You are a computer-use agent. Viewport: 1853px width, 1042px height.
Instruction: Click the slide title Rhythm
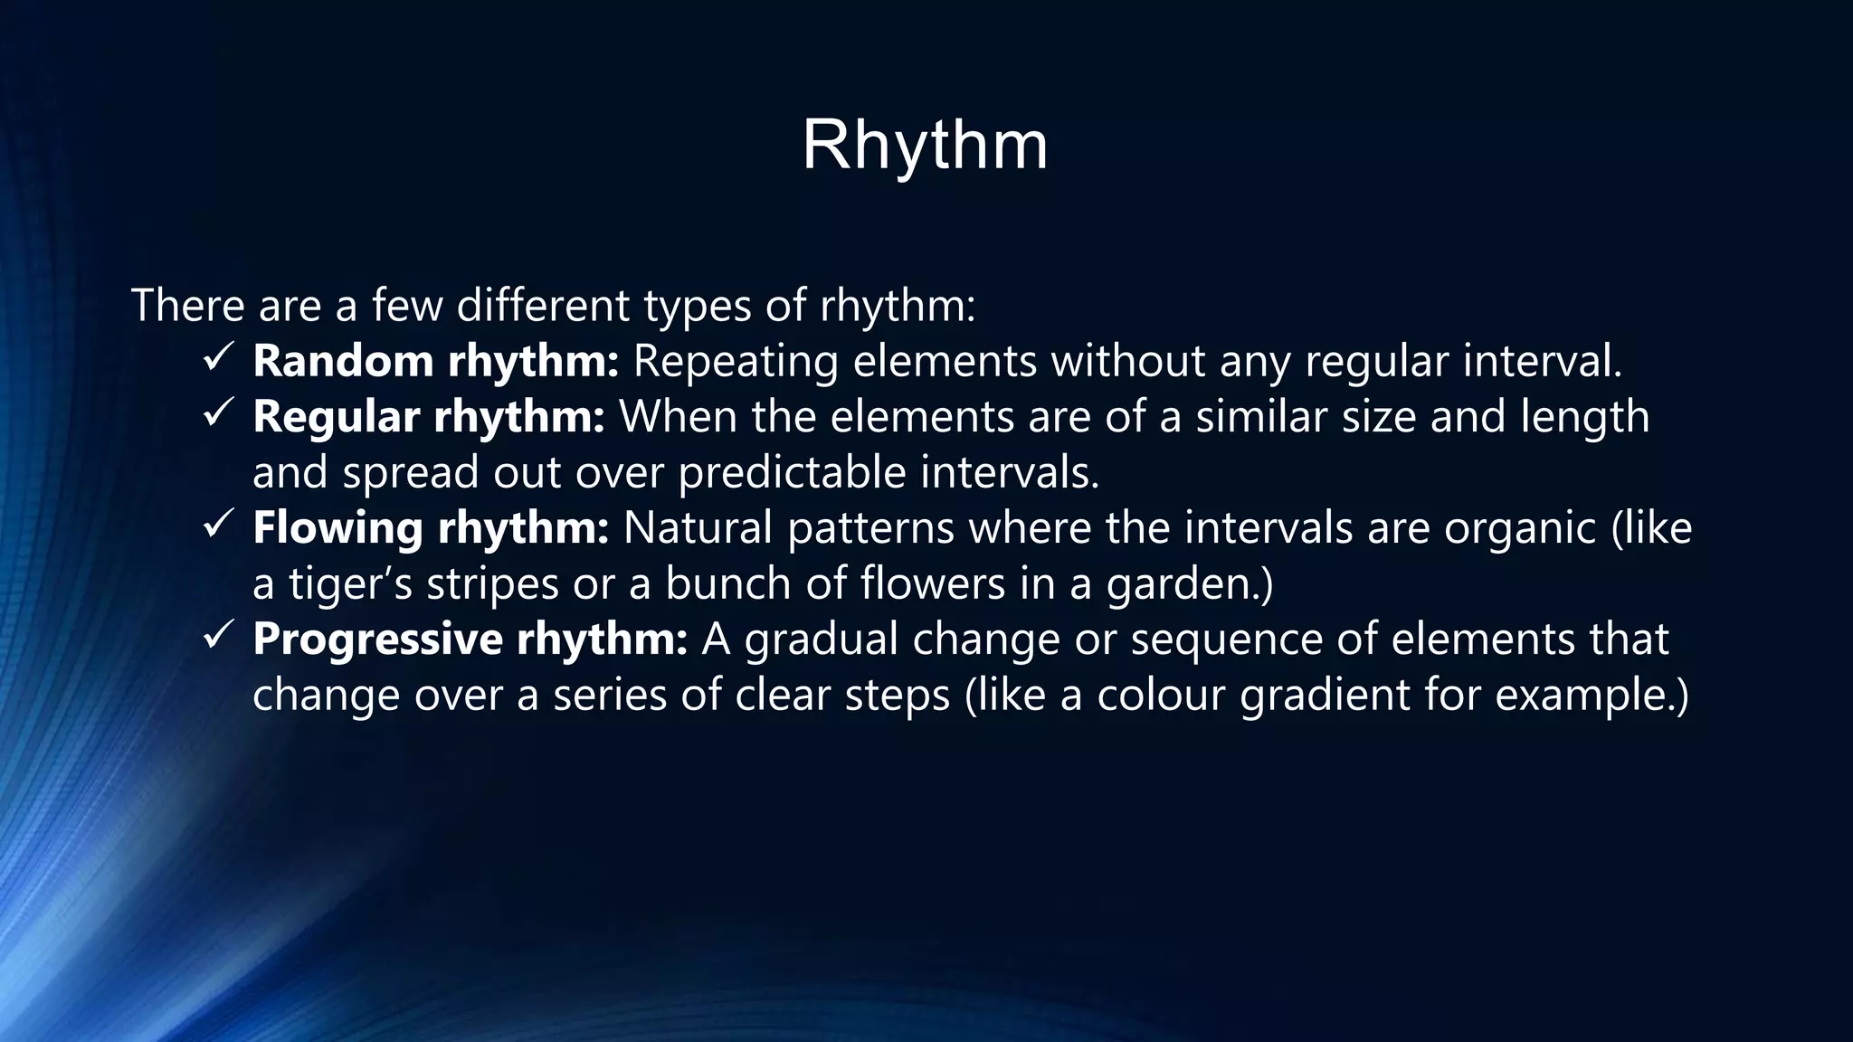point(925,146)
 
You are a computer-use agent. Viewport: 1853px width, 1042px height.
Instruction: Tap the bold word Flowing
point(337,528)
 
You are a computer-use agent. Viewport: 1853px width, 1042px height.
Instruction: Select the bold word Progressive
point(377,639)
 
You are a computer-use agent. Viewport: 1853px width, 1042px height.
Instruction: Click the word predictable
point(792,473)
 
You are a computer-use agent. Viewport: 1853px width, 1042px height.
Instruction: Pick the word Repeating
point(736,362)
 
